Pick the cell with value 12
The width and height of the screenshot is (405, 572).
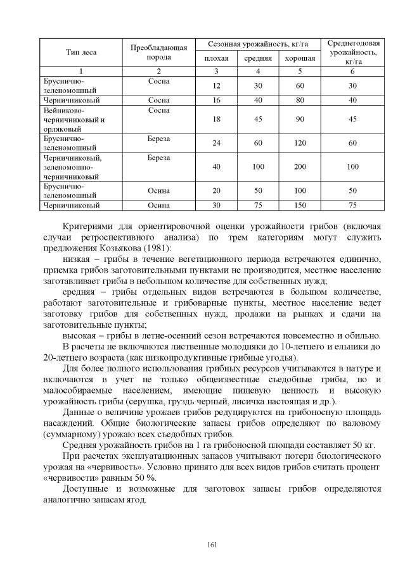(x=216, y=86)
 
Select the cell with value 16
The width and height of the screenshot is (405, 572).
(x=216, y=100)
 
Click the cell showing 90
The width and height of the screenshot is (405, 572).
(x=300, y=119)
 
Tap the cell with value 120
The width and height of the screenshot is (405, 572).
(x=300, y=143)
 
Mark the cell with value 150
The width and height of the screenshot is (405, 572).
(x=300, y=205)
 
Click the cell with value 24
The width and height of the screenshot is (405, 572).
(x=216, y=143)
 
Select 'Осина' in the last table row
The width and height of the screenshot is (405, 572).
(x=159, y=205)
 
